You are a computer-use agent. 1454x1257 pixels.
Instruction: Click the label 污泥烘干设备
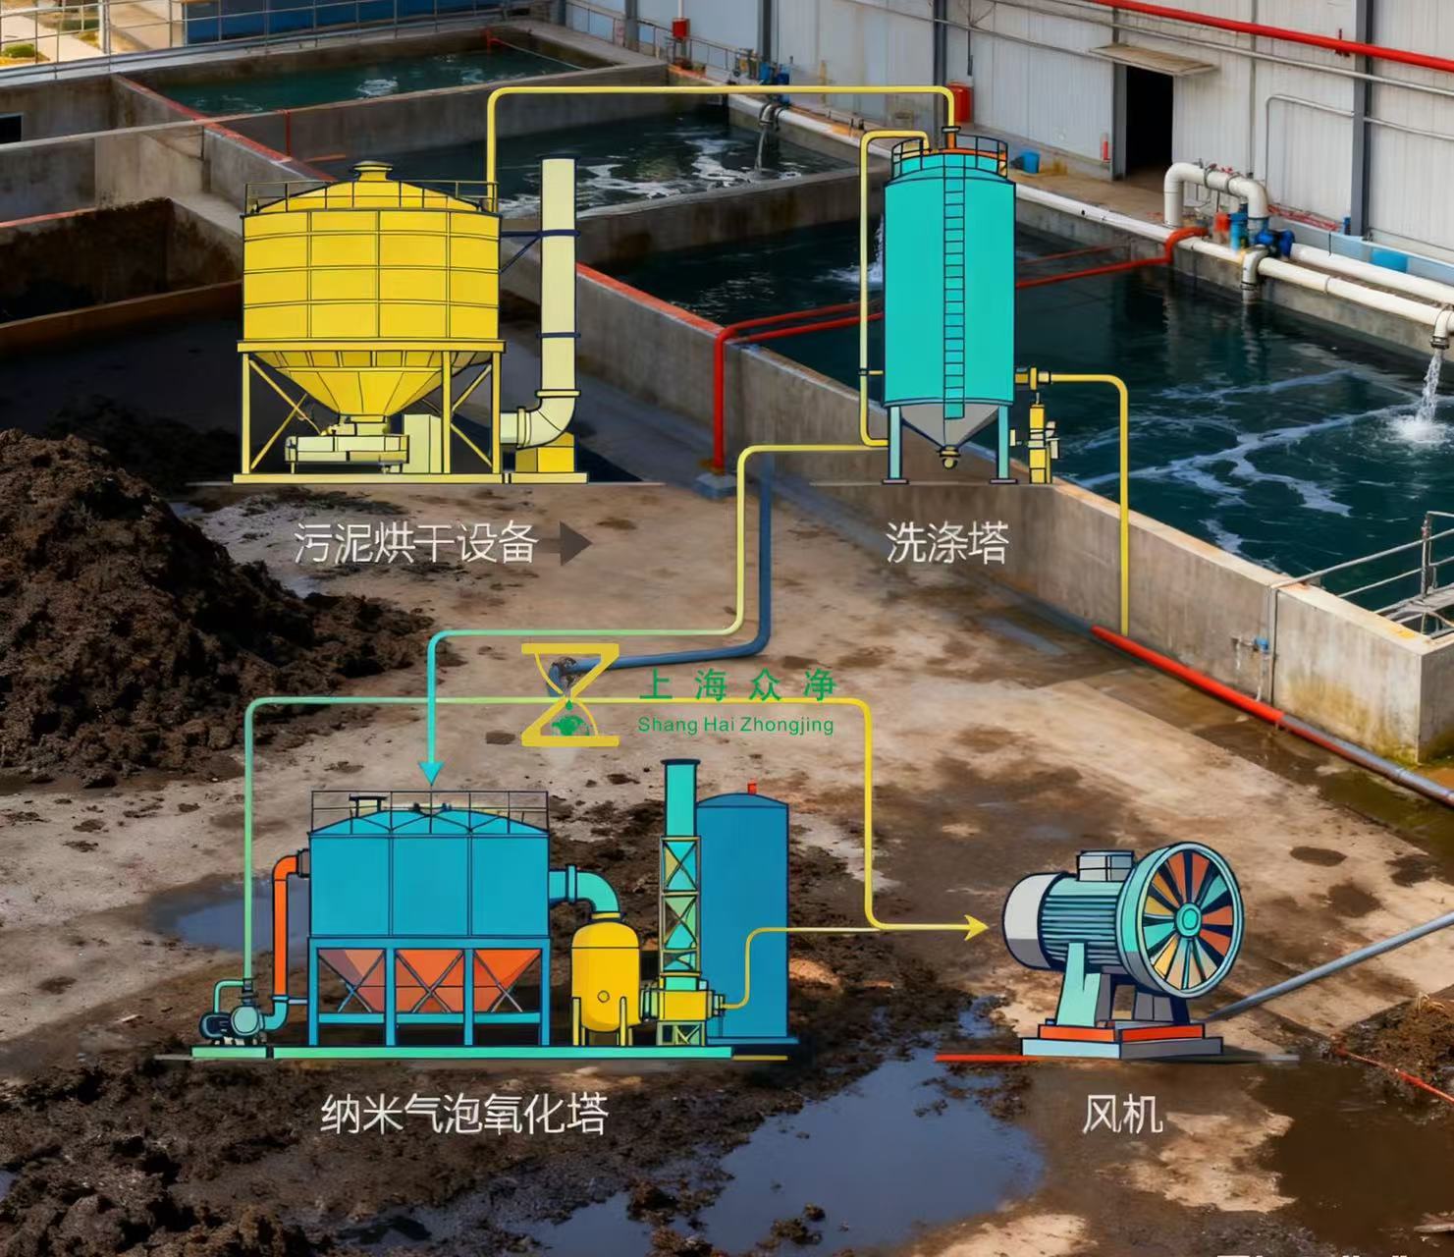[415, 543]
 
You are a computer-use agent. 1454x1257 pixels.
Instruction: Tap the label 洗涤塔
[946, 543]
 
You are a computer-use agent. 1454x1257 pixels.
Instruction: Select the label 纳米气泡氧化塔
[463, 1114]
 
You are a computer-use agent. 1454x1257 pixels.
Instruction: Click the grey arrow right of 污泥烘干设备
[574, 544]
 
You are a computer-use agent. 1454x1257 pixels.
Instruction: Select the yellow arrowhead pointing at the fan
[976, 927]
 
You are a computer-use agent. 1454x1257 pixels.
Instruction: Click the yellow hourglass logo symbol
[569, 693]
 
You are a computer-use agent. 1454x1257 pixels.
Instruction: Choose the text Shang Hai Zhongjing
[734, 726]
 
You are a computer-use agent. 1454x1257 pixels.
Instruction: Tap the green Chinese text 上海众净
[736, 684]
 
